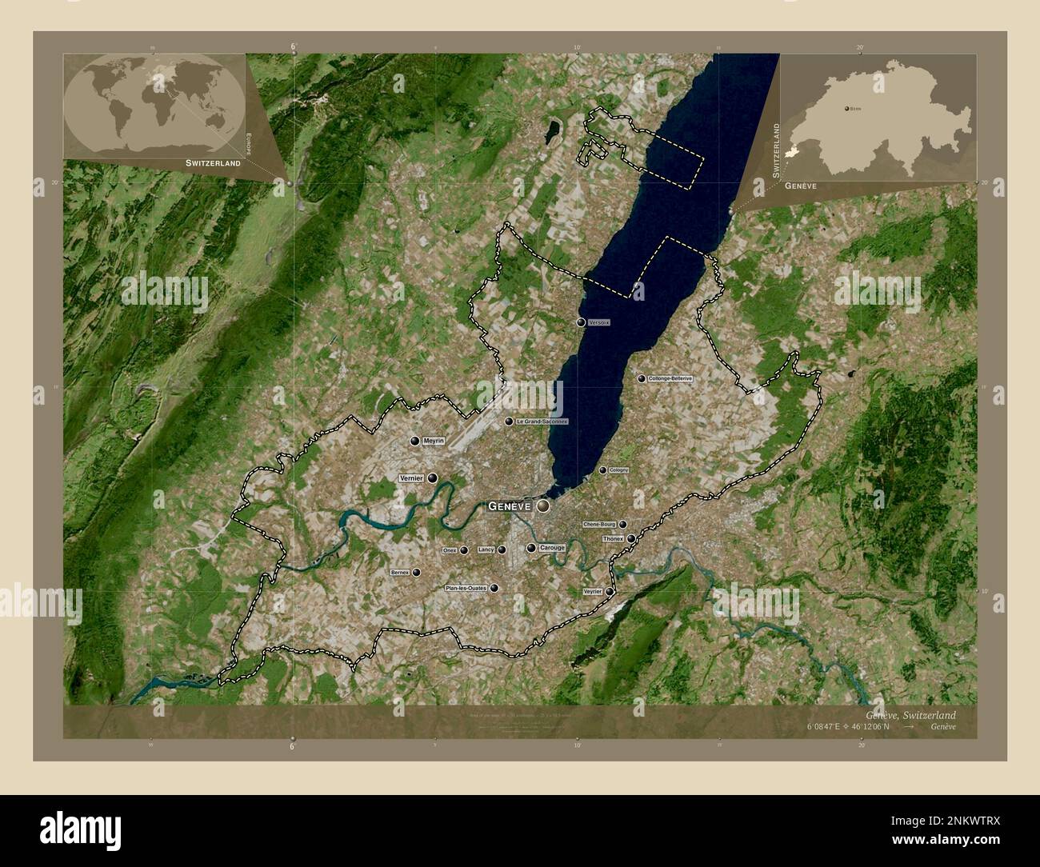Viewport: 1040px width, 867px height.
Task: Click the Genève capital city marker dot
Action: tap(543, 506)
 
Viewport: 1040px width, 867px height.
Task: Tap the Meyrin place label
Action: tap(434, 441)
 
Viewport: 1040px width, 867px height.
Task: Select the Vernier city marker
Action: tap(433, 478)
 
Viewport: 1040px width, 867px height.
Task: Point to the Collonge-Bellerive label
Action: tap(670, 378)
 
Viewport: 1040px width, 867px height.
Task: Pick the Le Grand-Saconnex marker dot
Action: tap(509, 422)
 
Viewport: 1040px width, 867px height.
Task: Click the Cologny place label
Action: tap(619, 470)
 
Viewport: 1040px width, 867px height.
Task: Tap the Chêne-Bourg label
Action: tap(599, 525)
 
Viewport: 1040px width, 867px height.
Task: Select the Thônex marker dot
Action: tap(631, 539)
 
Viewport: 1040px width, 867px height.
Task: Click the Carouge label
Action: tap(552, 548)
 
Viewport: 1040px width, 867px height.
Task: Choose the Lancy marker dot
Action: tap(502, 550)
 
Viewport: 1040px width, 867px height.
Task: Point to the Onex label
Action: tap(450, 550)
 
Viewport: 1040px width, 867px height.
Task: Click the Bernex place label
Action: tap(400, 573)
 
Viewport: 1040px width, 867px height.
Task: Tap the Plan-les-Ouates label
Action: tap(466, 588)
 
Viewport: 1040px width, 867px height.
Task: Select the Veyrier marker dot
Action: tap(610, 592)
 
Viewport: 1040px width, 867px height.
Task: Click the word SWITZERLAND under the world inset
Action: tap(213, 163)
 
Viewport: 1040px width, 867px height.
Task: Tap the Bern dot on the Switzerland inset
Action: tap(847, 107)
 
